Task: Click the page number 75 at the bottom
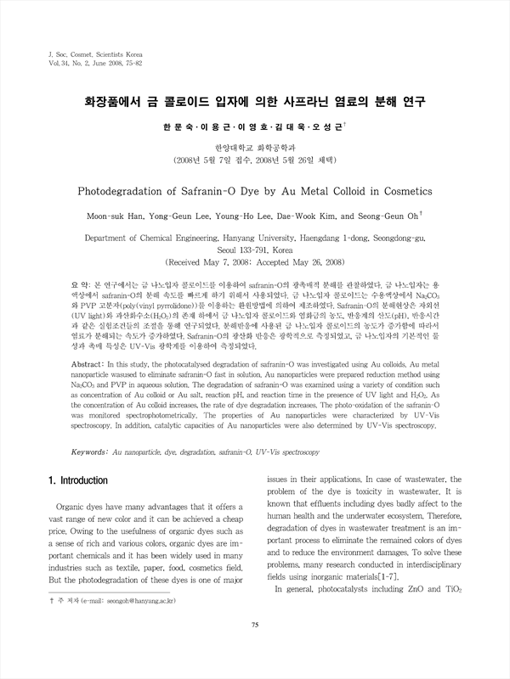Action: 254,650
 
